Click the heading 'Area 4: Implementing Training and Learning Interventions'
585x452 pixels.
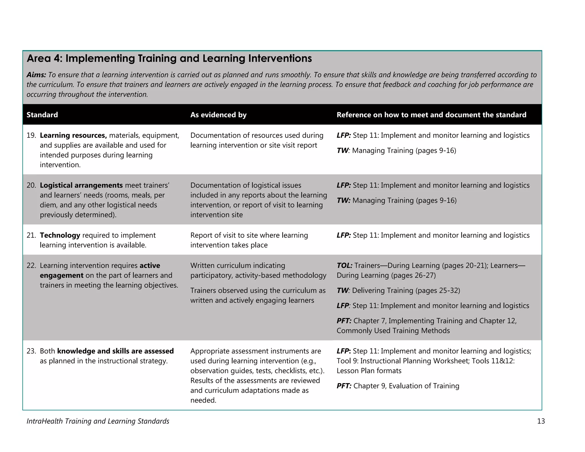169,59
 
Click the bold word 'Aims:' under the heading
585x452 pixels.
36,75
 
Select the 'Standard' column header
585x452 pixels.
42,115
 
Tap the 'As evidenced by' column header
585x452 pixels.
218,115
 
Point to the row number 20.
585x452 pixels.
31,185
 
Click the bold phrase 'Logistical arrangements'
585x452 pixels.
81,185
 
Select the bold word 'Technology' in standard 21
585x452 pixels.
60,235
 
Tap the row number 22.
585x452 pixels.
31,266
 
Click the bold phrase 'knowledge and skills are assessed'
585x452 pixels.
115,351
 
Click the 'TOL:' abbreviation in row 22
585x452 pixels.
344,266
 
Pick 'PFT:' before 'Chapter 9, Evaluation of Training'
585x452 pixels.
344,386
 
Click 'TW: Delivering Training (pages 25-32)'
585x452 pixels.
398,291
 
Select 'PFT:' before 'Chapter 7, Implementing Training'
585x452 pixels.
344,321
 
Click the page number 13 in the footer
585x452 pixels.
541,421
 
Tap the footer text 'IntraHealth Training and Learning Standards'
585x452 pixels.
98,421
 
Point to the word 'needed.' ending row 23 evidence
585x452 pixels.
203,400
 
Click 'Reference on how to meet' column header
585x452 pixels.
431,115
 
